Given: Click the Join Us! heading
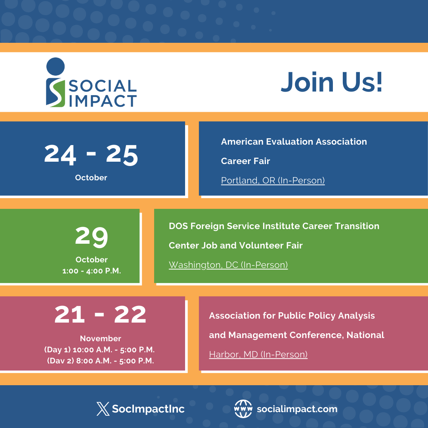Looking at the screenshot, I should pyautogui.click(x=332, y=82).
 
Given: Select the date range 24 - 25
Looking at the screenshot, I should pyautogui.click(x=91, y=154).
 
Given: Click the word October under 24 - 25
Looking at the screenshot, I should pyautogui.click(x=91, y=178).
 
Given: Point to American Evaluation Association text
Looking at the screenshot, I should pyautogui.click(x=294, y=141).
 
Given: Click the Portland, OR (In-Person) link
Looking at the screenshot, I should pyautogui.click(x=273, y=181).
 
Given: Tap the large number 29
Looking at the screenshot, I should pyautogui.click(x=92, y=237).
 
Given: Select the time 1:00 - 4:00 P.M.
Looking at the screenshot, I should pyautogui.click(x=92, y=271).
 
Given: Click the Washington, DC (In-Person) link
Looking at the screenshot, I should pyautogui.click(x=228, y=265).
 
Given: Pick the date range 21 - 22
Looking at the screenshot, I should pyautogui.click(x=100, y=314).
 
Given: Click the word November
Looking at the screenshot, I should pyautogui.click(x=100, y=338).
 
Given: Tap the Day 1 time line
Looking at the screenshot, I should pyautogui.click(x=99, y=350).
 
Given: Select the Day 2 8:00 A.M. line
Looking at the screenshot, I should pyautogui.click(x=100, y=361).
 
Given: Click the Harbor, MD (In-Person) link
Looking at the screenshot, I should pyautogui.click(x=258, y=354).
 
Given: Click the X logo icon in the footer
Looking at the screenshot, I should pyautogui.click(x=103, y=409).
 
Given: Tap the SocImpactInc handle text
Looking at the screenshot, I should pyautogui.click(x=148, y=409).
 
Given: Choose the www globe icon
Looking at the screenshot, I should pyautogui.click(x=243, y=409).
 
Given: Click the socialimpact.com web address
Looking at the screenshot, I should pyautogui.click(x=297, y=409).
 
